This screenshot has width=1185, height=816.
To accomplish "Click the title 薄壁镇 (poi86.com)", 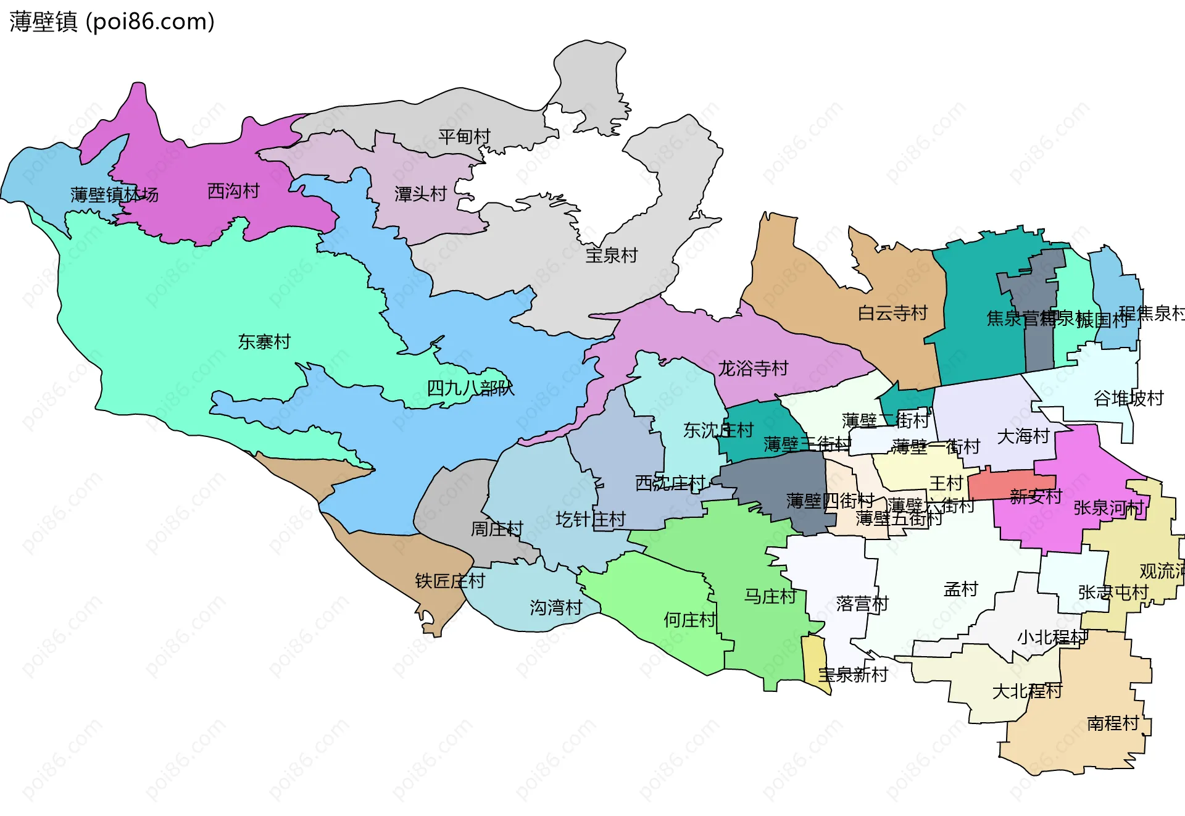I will pos(112,22).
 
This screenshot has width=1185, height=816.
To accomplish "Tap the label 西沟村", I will pos(233,191).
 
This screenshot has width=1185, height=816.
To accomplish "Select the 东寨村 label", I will pos(264,342).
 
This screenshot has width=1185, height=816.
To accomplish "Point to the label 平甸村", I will pos(464,136).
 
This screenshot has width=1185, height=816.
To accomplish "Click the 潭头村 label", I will pos(420,194).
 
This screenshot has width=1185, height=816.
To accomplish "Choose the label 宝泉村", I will pos(611,255).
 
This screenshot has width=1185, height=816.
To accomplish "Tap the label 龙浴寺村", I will pos(753,368).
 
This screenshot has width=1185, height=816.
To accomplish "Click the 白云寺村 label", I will pos(892,314).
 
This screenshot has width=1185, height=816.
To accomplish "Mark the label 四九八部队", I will pos(470,388).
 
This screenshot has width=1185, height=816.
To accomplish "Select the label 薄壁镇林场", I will pos(114,195).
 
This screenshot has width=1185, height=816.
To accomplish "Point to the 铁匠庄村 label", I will pos(450,581).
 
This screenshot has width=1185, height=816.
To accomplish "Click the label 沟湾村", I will pos(555,608).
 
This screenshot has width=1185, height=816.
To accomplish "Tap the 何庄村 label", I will pos(689,620).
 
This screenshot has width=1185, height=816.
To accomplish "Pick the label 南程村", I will pos(1112,723).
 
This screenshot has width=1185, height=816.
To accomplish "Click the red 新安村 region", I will pos(1000,485).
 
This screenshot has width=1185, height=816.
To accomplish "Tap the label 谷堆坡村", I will pos(1128,399).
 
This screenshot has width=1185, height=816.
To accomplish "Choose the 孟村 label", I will pos(960,589).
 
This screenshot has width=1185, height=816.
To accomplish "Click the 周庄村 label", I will pos(497,529).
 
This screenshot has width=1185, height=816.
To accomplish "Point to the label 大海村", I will pos(1023,436).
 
